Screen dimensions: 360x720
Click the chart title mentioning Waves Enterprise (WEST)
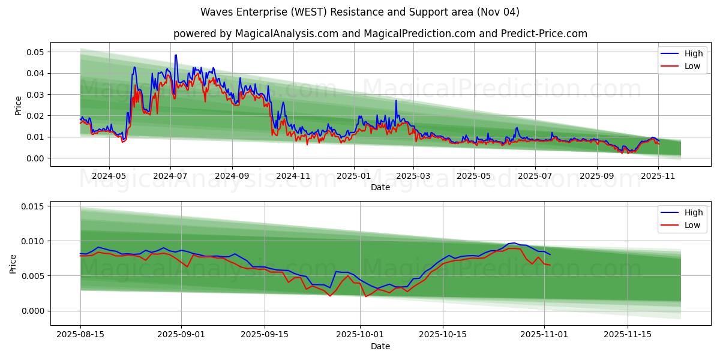coord(360,12)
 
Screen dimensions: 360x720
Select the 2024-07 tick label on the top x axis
coord(170,176)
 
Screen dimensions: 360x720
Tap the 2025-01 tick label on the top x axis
coord(354,176)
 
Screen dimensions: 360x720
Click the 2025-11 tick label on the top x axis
coord(658,176)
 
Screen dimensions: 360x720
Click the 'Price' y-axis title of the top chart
coord(18,106)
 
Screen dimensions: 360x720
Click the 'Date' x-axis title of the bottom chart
coord(380,346)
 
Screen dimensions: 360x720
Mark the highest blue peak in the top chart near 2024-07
coord(176,55)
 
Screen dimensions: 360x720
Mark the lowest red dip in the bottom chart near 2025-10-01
coord(365,296)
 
